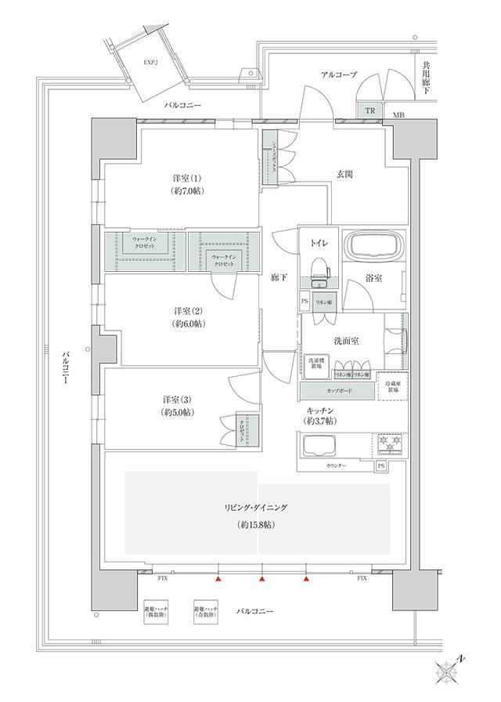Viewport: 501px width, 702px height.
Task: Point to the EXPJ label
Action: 153,61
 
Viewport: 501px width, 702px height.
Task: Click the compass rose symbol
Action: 450,670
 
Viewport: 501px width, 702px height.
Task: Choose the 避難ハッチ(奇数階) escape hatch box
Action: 206,612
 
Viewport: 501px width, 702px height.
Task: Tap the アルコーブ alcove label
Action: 339,74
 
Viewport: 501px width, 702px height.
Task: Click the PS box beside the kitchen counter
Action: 381,466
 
